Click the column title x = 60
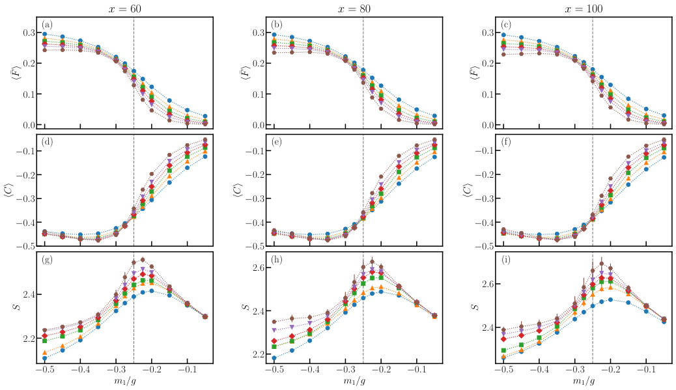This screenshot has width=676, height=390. pos(125,9)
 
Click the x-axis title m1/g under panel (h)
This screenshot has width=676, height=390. pos(354,380)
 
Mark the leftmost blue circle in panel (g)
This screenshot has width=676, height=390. pos(45,358)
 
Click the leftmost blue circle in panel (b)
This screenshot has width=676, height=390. pos(274,35)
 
